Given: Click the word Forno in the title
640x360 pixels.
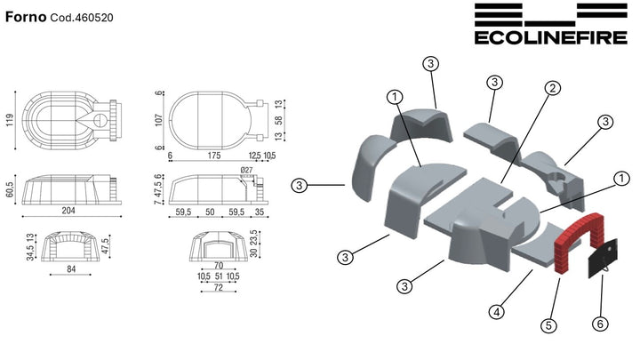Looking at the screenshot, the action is click(x=26, y=17).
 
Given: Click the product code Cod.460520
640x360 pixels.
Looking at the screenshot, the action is click(x=82, y=18).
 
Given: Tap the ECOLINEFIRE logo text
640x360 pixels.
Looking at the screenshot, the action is click(x=550, y=37).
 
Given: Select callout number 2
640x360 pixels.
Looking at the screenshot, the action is click(x=553, y=88).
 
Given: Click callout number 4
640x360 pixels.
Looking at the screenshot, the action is click(x=497, y=312).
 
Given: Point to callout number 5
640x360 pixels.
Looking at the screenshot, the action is click(x=548, y=325).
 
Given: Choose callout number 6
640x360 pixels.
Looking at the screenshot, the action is click(x=600, y=324).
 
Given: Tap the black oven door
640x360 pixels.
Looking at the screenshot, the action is click(x=603, y=260).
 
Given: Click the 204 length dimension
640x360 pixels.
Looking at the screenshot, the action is click(x=68, y=211).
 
